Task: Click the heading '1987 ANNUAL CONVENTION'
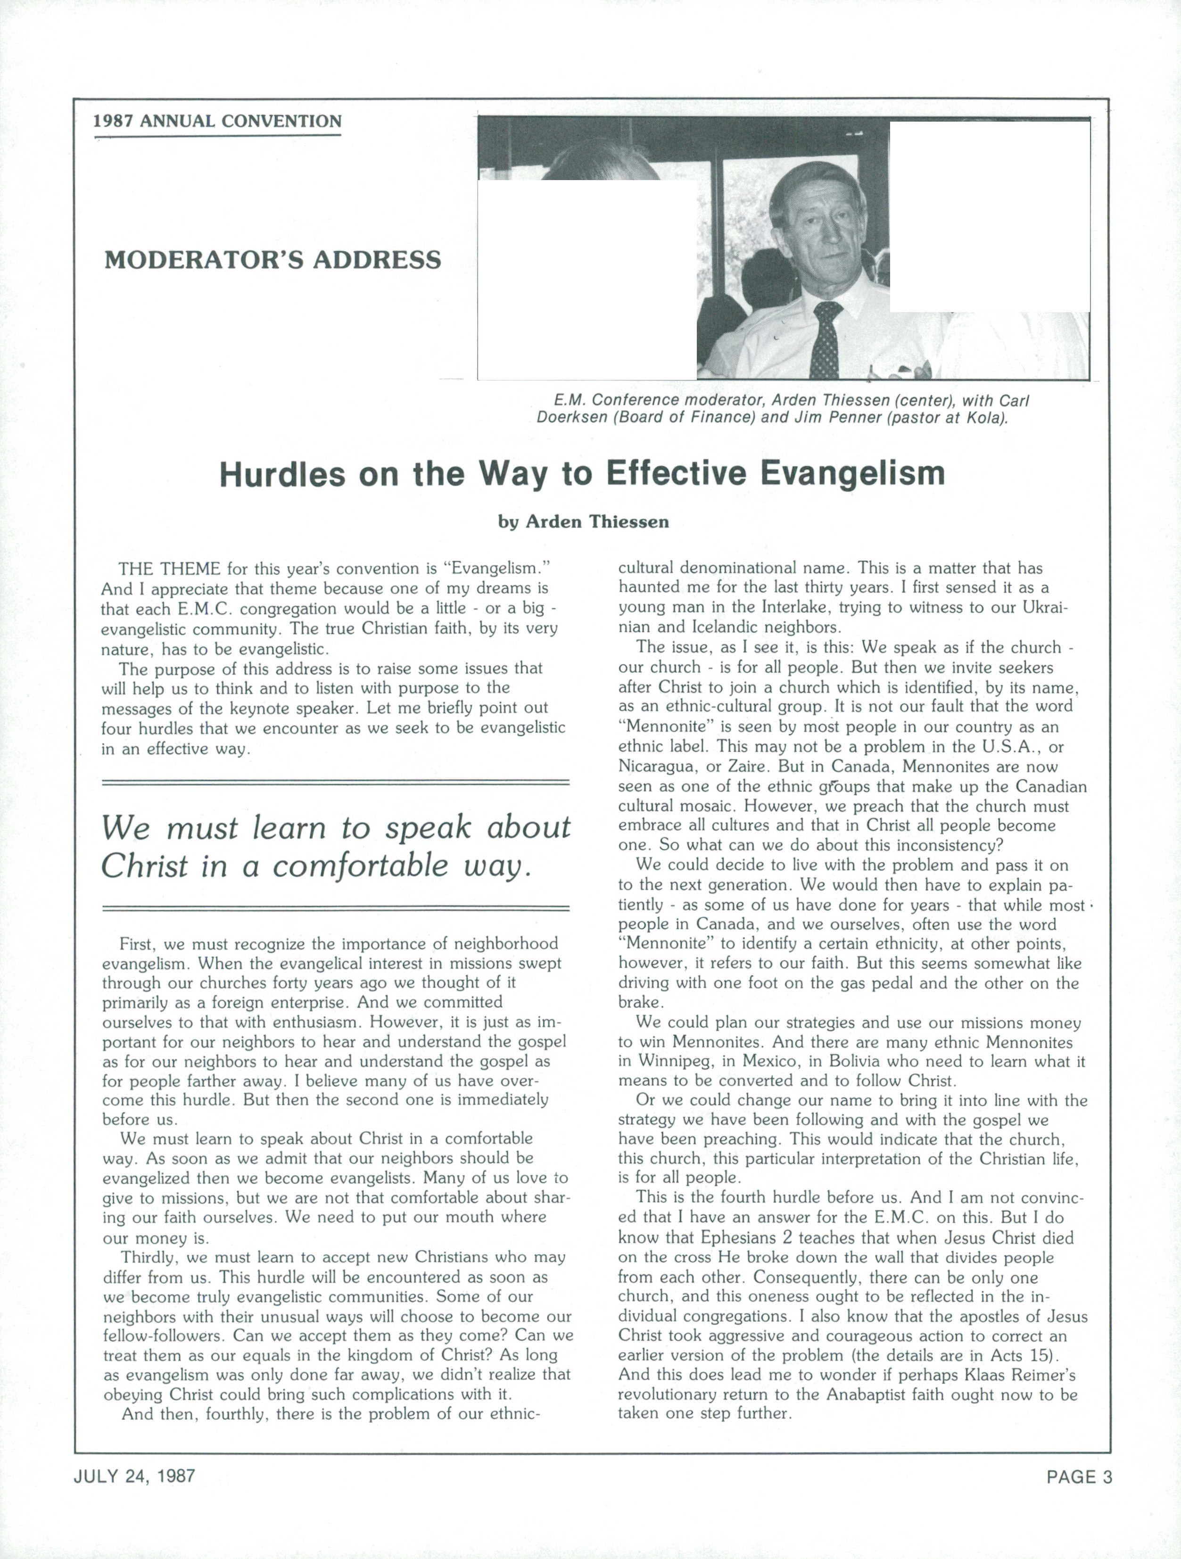(217, 121)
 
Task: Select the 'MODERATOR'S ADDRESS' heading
(273, 260)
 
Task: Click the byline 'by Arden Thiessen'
(584, 522)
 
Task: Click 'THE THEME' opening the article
(169, 569)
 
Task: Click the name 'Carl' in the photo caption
(1014, 401)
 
